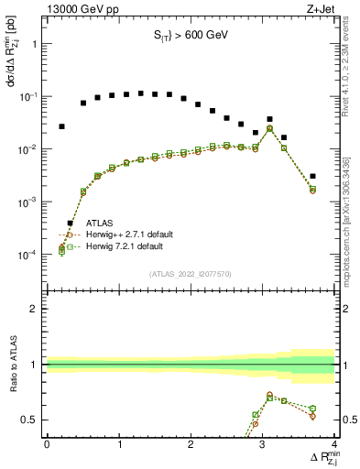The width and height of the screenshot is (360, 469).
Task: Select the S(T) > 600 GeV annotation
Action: (x=190, y=38)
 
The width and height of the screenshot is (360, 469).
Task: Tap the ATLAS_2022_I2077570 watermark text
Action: (x=190, y=274)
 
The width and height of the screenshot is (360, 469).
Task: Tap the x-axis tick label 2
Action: (x=191, y=444)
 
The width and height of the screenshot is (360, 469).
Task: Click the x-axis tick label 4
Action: (x=334, y=444)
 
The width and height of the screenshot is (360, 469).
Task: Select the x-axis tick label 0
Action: (x=47, y=444)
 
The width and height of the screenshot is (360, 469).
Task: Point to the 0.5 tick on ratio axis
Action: (x=31, y=420)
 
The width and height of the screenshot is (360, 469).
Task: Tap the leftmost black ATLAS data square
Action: (x=61, y=126)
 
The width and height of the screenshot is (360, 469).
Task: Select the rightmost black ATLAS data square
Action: (x=312, y=176)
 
